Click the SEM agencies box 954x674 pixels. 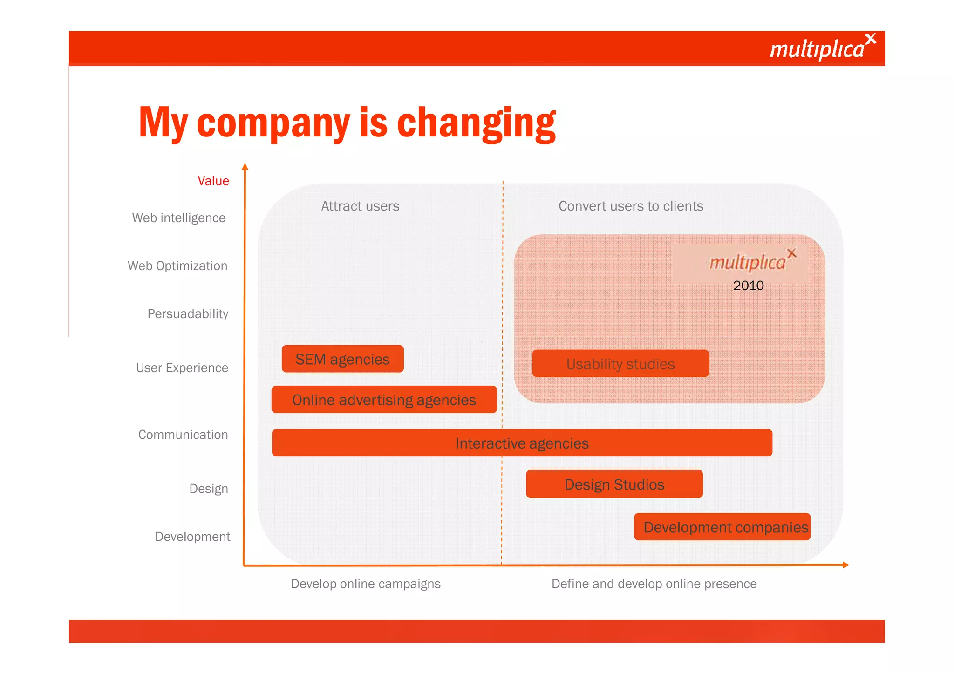(342, 359)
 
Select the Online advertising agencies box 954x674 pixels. (384, 400)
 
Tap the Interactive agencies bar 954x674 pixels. (522, 443)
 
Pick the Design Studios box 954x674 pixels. (614, 484)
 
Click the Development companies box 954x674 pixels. (722, 527)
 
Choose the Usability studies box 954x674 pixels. (620, 364)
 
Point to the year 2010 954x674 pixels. (748, 286)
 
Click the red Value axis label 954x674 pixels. (213, 181)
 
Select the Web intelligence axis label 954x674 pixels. (179, 218)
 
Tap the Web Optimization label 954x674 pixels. (177, 266)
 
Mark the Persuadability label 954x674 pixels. (188, 313)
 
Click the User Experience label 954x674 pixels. (182, 368)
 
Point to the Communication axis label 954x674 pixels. (183, 435)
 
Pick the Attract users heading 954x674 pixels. (360, 206)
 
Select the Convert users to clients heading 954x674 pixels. (631, 206)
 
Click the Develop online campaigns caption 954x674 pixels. (366, 584)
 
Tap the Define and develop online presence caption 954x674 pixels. (654, 584)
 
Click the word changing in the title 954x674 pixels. (476, 123)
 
